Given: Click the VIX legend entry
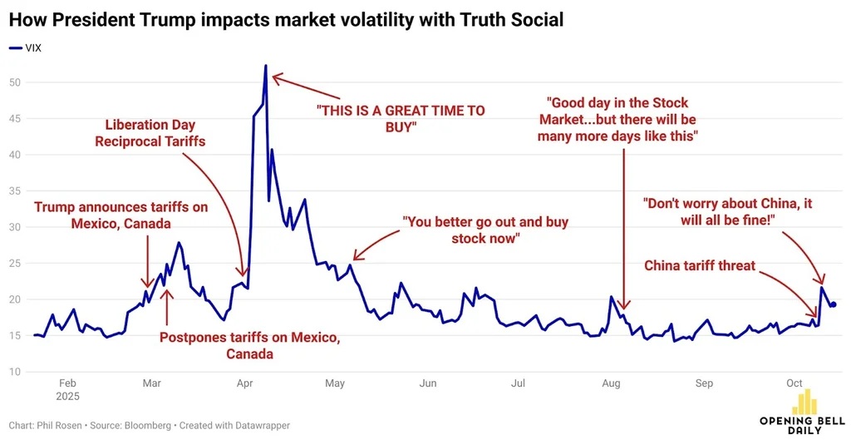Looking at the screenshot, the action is [x=25, y=47].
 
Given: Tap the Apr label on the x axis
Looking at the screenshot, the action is [x=245, y=383].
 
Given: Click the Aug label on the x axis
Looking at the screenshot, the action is [x=611, y=383].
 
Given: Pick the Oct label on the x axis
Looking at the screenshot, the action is [x=794, y=383].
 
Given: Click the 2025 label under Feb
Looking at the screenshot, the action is [x=68, y=397].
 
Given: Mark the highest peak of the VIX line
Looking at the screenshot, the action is [x=265, y=66].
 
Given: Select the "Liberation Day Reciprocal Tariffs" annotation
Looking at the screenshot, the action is [x=150, y=133].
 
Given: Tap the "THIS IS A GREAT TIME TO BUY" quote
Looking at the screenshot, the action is [x=401, y=119].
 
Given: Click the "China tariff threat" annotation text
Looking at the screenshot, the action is [x=700, y=265].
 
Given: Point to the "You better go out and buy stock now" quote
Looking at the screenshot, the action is [x=485, y=230].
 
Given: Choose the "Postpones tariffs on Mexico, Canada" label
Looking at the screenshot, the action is [x=249, y=345].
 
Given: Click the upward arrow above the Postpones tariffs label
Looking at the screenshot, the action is [x=166, y=307].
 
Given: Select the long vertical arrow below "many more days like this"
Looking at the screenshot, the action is [x=623, y=229].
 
